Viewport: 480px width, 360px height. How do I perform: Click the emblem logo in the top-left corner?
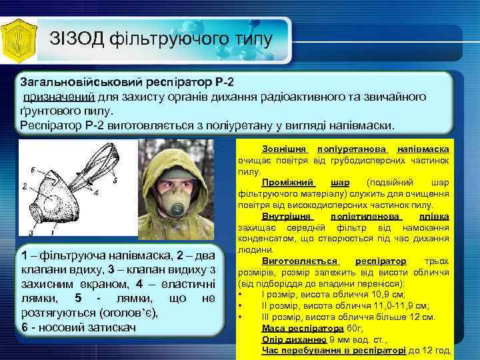pos(20,37)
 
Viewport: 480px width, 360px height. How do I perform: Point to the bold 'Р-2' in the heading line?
pos(225,83)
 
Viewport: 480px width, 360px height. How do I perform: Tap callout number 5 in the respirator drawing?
pos(115,180)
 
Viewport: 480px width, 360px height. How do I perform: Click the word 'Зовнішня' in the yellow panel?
pos(285,149)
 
